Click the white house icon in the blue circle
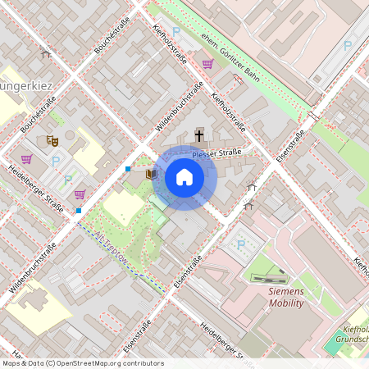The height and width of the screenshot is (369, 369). click(x=184, y=177)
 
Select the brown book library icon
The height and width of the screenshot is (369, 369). click(x=150, y=174)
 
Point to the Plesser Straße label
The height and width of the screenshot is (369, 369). click(x=216, y=154)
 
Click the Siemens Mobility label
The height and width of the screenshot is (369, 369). click(x=275, y=297)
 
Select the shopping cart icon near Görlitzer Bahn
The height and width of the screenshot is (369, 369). click(x=207, y=63)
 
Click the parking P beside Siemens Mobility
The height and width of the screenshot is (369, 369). click(x=240, y=244)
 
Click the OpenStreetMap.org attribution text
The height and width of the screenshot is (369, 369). click(x=82, y=362)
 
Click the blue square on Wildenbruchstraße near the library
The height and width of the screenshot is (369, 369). click(x=128, y=169)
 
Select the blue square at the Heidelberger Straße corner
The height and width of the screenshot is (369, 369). click(x=79, y=211)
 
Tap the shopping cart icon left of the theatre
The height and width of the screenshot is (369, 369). click(x=26, y=159)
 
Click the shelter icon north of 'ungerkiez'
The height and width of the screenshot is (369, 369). click(x=46, y=54)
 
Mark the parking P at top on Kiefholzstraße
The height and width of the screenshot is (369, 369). click(x=175, y=31)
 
